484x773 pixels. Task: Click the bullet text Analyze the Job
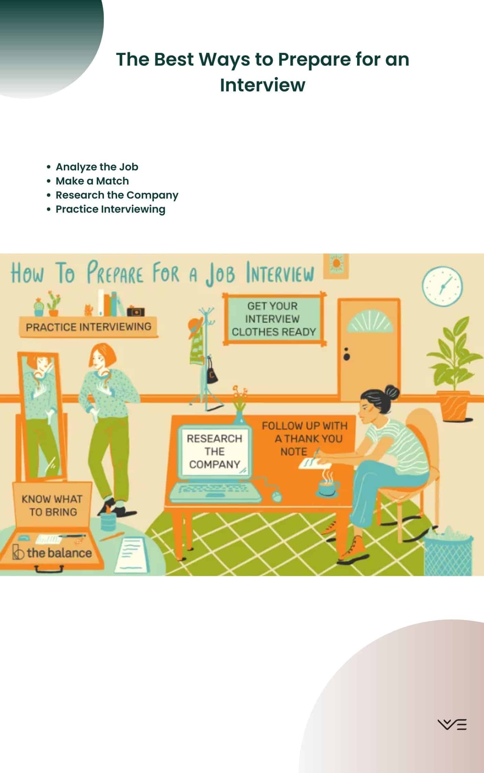(x=97, y=167)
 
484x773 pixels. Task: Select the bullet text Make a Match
(x=92, y=181)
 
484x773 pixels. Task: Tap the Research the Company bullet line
(x=117, y=195)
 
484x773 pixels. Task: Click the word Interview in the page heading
(x=263, y=85)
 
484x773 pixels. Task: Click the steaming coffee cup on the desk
(x=328, y=485)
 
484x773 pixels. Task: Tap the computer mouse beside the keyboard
(x=277, y=496)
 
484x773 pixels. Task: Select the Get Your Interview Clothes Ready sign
(x=274, y=319)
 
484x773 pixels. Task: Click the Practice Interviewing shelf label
(x=89, y=327)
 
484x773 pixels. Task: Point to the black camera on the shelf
(x=136, y=311)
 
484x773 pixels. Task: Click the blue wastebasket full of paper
(x=448, y=551)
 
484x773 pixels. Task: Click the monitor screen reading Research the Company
(x=215, y=451)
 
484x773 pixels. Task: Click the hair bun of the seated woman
(x=392, y=391)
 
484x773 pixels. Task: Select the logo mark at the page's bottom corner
(x=452, y=724)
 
